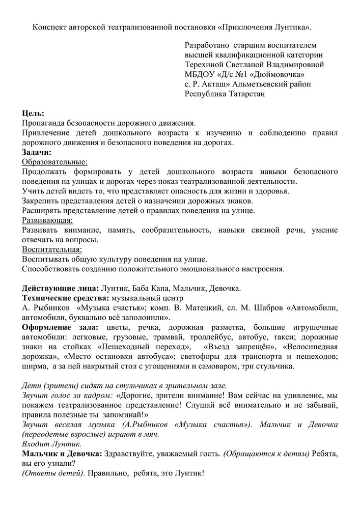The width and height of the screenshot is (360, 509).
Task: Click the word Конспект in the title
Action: [x=50, y=26]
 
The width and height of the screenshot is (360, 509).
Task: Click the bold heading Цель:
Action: [x=33, y=114]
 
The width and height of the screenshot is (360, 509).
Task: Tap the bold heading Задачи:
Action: [x=37, y=152]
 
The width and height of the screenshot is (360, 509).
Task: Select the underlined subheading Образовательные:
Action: [x=54, y=162]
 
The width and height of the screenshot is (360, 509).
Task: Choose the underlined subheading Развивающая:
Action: [x=47, y=220]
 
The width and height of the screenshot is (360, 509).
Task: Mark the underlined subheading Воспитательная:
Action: [x=52, y=249]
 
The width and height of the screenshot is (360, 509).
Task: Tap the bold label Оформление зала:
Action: [x=61, y=327]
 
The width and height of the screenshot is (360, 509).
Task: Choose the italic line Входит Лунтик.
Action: [x=46, y=444]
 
